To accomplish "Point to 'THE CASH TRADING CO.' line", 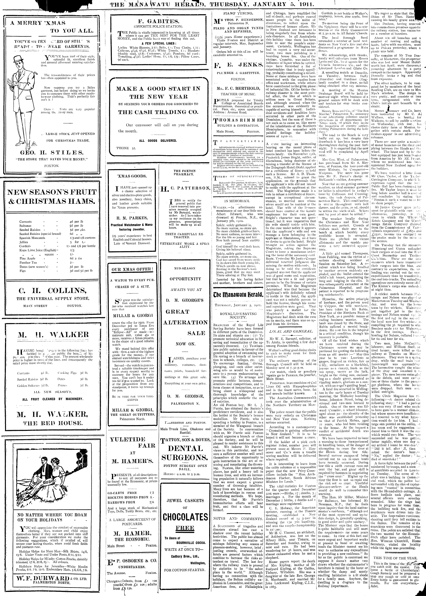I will click(x=158, y=112).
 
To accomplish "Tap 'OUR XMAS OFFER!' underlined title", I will click(x=132, y=269).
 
